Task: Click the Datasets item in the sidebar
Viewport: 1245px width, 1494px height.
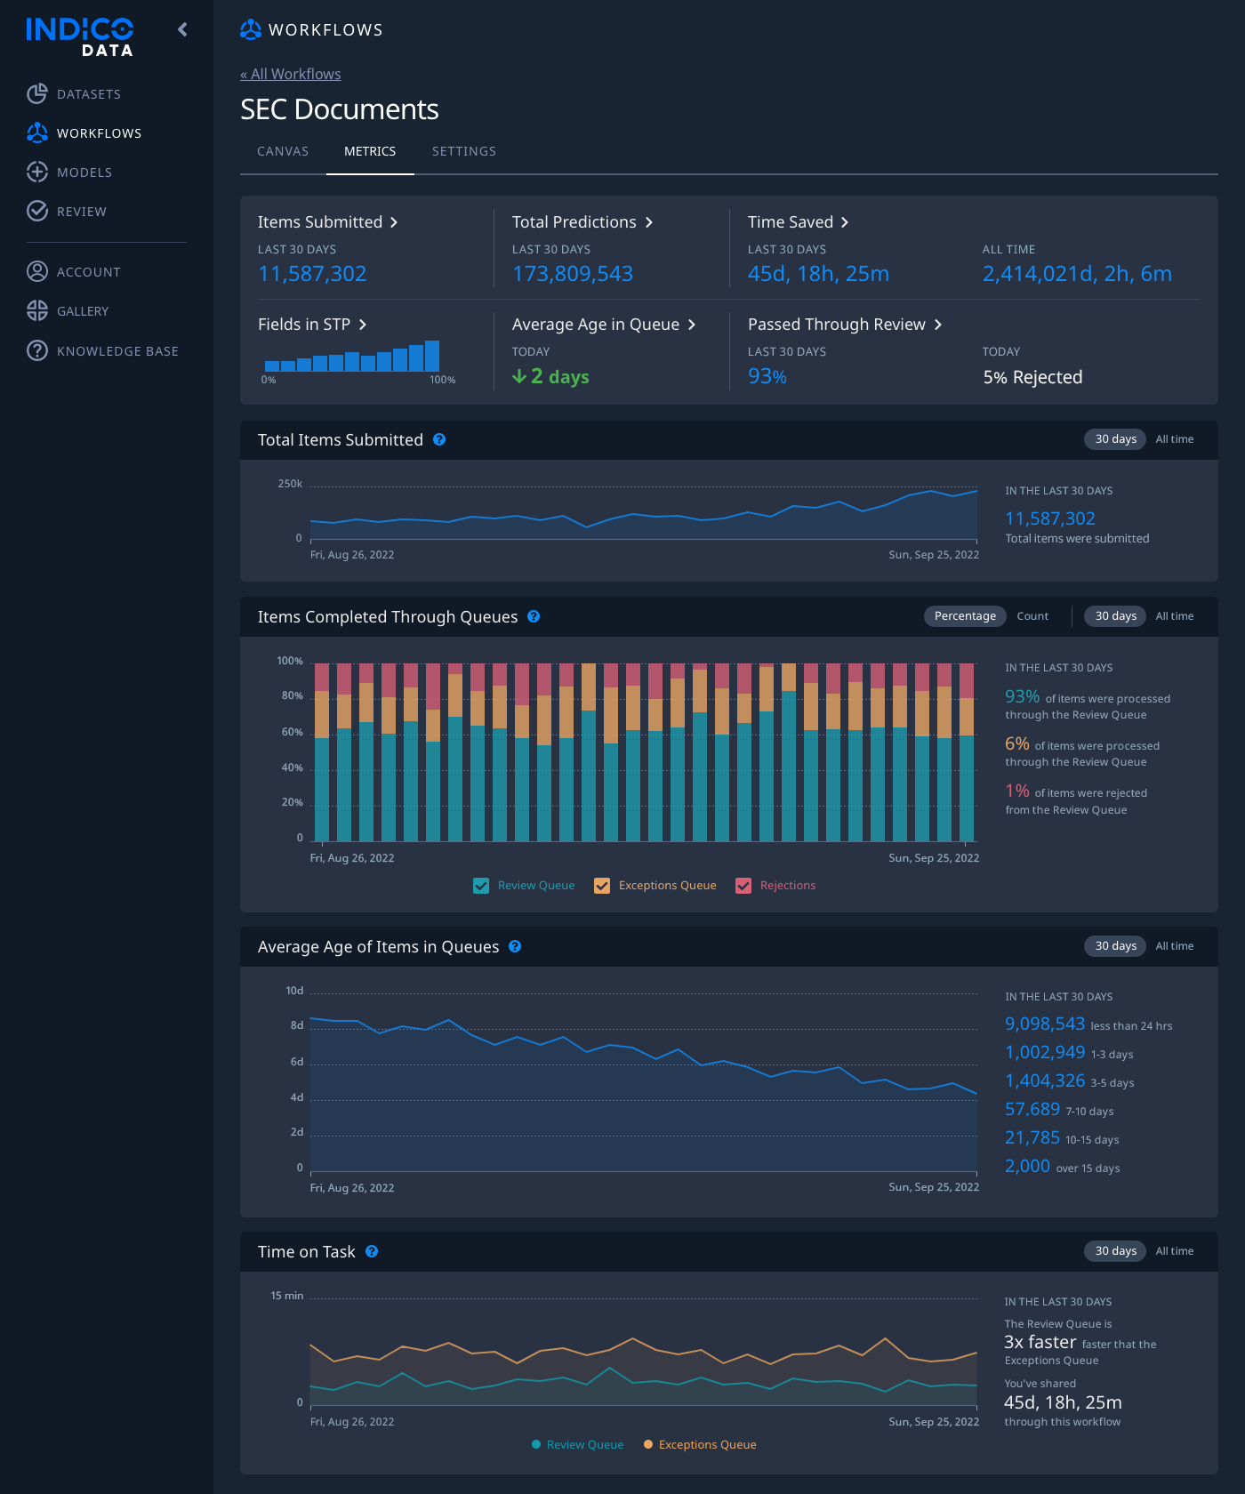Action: tap(88, 94)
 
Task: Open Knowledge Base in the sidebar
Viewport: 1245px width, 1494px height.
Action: tap(117, 351)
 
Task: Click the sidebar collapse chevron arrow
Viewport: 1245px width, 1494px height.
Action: tap(182, 29)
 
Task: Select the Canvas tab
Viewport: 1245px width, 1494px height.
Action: tap(283, 151)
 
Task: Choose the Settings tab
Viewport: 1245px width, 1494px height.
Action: tap(463, 151)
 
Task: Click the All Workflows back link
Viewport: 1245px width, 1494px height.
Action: tap(291, 74)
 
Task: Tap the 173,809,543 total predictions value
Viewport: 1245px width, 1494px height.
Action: tap(573, 274)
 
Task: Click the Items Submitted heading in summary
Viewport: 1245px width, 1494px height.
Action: tap(320, 222)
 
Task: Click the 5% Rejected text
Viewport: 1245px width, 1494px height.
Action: tap(1032, 377)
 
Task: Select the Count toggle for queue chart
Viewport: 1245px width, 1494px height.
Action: tap(1032, 616)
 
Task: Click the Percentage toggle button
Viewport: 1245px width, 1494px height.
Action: tap(965, 616)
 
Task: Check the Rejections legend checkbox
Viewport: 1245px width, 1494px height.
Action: tap(743, 886)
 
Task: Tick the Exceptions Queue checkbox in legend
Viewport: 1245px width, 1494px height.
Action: tap(602, 886)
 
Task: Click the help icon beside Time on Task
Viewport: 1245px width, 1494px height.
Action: tap(372, 1251)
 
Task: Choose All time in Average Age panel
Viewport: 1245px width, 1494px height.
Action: tap(1174, 946)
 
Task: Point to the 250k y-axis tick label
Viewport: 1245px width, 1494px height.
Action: tap(290, 484)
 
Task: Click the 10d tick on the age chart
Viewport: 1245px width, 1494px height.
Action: tap(294, 991)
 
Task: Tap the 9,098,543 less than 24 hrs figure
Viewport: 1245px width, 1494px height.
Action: tap(1045, 1024)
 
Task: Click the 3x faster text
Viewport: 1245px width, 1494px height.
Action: tap(1040, 1342)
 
